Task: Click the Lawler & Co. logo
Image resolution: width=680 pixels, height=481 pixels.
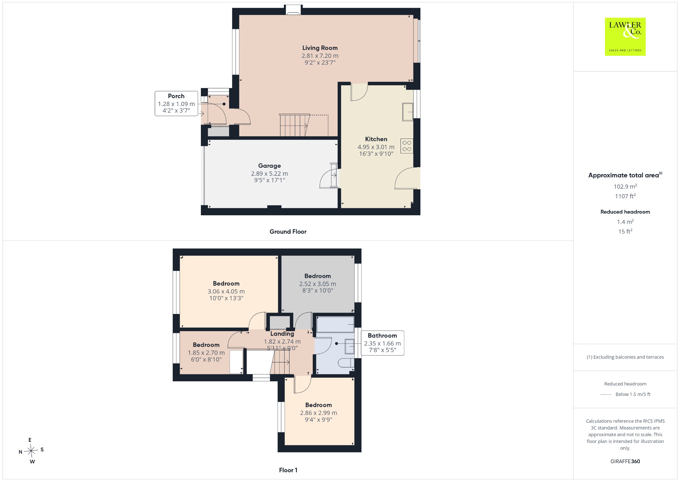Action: (x=625, y=37)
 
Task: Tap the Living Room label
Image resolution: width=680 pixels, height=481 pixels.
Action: (x=320, y=48)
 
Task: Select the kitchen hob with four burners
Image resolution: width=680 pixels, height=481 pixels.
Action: (x=407, y=146)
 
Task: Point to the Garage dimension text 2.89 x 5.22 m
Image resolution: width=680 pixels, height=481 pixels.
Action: (x=269, y=173)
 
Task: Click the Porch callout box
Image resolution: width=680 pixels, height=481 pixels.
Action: (x=176, y=104)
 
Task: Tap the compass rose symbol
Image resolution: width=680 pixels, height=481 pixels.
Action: (x=31, y=451)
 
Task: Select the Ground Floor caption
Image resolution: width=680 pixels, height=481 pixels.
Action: (x=288, y=232)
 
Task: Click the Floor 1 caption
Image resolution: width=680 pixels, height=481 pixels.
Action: (x=288, y=470)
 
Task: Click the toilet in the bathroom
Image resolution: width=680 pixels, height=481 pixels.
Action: (x=346, y=363)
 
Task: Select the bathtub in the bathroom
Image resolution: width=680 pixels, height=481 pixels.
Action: (x=335, y=324)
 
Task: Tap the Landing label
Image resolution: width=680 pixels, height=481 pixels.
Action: (x=282, y=334)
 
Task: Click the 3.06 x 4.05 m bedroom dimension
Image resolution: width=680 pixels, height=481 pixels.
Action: (x=226, y=291)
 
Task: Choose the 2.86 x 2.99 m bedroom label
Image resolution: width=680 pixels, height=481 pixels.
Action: (x=318, y=405)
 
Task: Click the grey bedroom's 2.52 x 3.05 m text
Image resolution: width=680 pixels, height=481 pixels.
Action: (x=318, y=284)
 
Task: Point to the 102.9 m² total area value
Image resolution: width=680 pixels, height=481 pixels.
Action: (x=625, y=186)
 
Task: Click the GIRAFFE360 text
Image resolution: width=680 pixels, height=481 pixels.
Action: (x=625, y=461)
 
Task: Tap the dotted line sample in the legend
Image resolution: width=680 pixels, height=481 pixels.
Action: (x=606, y=395)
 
